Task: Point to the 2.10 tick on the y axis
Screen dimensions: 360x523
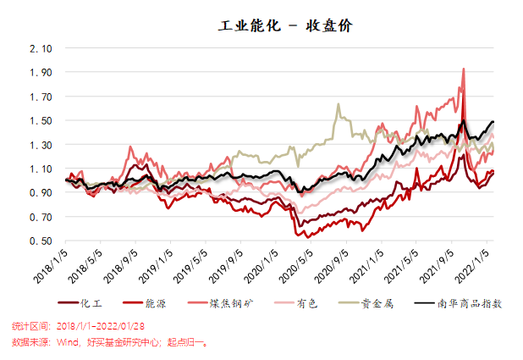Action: click(x=41, y=48)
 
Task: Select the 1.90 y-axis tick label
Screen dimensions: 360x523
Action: click(x=41, y=73)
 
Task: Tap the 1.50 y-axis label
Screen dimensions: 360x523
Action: click(x=41, y=120)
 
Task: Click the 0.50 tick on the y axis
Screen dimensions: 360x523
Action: click(x=41, y=241)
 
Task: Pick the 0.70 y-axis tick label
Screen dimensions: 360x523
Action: click(x=41, y=217)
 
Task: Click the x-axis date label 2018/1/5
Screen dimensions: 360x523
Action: click(x=52, y=263)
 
